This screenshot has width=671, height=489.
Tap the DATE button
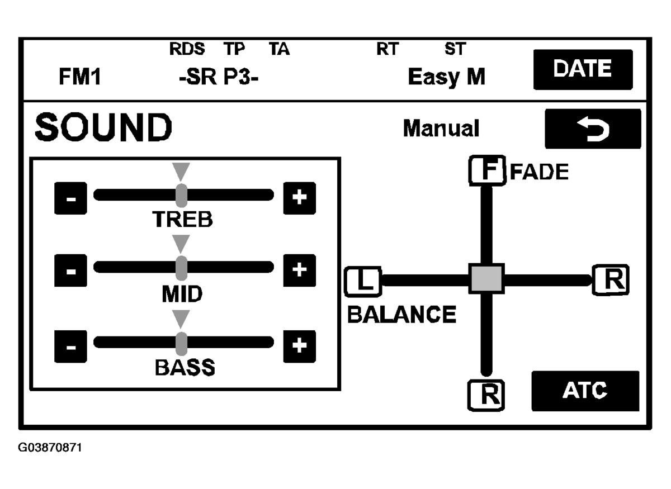[x=583, y=69]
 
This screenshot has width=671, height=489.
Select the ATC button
[x=585, y=391]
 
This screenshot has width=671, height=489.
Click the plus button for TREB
[x=300, y=198]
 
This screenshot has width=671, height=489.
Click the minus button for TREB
[x=70, y=198]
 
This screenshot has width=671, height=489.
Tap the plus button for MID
[x=300, y=270]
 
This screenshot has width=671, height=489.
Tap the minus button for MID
[x=70, y=270]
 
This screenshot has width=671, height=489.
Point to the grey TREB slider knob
[x=181, y=195]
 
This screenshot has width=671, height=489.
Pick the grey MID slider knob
[x=181, y=268]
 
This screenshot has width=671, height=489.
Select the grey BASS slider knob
[x=181, y=344]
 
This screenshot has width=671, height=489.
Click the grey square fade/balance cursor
[x=486, y=279]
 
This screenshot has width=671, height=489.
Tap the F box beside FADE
[x=488, y=170]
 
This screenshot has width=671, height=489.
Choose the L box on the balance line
[x=363, y=282]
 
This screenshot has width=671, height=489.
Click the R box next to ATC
[x=486, y=395]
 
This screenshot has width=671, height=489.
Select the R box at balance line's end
[x=611, y=279]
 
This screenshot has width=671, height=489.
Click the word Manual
[x=441, y=128]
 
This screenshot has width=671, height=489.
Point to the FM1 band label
[x=79, y=77]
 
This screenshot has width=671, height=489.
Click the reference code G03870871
[x=50, y=448]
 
